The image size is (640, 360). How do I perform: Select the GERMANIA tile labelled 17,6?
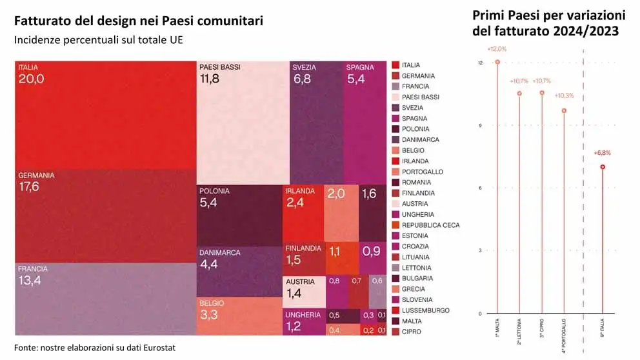(x=105, y=216)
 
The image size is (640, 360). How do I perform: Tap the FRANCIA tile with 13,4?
(x=105, y=299)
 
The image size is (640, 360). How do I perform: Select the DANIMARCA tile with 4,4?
(x=239, y=272)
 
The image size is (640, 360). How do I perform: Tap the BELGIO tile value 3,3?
(x=239, y=316)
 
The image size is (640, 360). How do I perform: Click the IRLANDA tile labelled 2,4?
(x=303, y=213)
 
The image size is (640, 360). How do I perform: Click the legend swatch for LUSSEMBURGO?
(x=396, y=310)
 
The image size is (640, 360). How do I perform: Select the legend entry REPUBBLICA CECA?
(x=430, y=225)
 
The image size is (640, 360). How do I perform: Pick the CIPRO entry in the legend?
(x=411, y=332)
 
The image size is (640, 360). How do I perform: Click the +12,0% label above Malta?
(x=497, y=49)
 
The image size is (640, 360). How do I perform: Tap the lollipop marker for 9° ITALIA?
(x=603, y=167)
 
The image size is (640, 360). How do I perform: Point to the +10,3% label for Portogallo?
(x=565, y=95)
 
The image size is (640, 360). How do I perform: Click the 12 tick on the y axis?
(x=480, y=63)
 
